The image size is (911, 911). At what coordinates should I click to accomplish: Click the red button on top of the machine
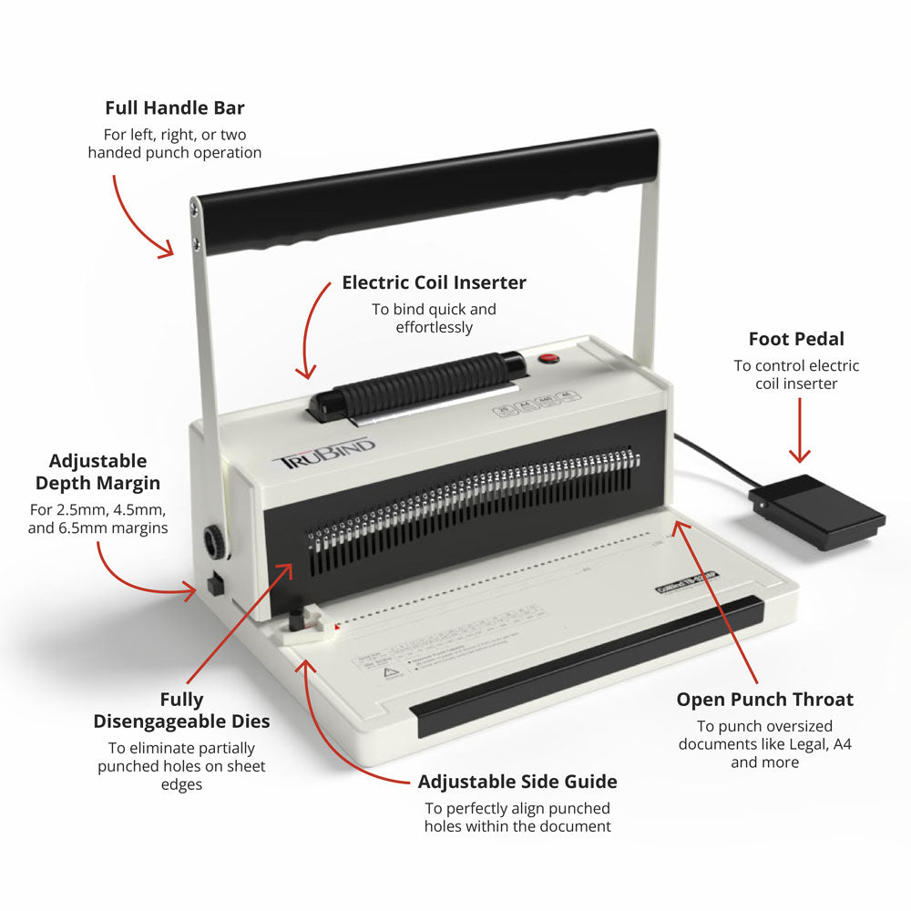[548, 358]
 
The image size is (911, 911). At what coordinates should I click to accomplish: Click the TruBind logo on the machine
[324, 451]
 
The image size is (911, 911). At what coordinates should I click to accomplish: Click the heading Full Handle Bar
[175, 108]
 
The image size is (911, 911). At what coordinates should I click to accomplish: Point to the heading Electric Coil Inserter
[434, 282]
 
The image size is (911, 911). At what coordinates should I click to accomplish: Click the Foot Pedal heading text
[796, 339]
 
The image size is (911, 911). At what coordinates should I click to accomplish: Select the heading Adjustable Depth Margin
[97, 472]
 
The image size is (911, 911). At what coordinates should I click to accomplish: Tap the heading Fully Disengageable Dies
[181, 711]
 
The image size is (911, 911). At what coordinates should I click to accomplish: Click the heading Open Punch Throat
[764, 700]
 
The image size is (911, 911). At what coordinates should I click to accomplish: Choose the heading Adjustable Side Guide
[517, 782]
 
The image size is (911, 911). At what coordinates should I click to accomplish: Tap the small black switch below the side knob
[216, 583]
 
